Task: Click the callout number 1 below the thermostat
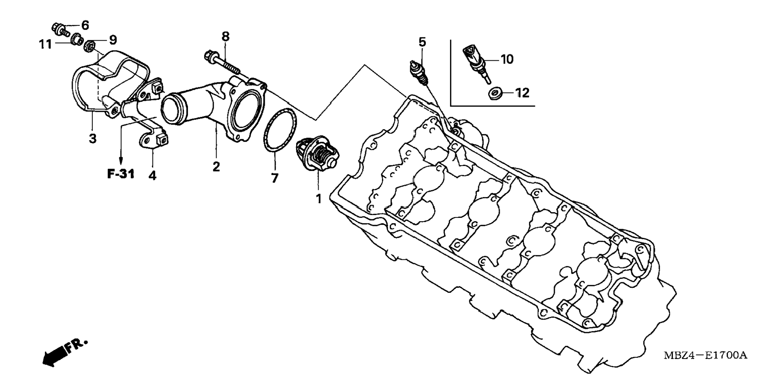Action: (x=319, y=198)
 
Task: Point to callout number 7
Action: (x=274, y=178)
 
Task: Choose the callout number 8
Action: (x=225, y=37)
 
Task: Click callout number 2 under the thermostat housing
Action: (x=216, y=166)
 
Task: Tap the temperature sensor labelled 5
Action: (x=418, y=73)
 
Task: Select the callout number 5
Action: (x=422, y=42)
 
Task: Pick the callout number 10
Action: (x=507, y=60)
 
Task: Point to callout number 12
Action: (x=522, y=93)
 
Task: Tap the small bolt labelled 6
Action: (x=59, y=29)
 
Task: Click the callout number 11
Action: (x=45, y=44)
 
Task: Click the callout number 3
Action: (x=93, y=139)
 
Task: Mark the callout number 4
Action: (x=152, y=175)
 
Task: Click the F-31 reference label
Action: (x=121, y=174)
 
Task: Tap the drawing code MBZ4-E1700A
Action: (x=705, y=355)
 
